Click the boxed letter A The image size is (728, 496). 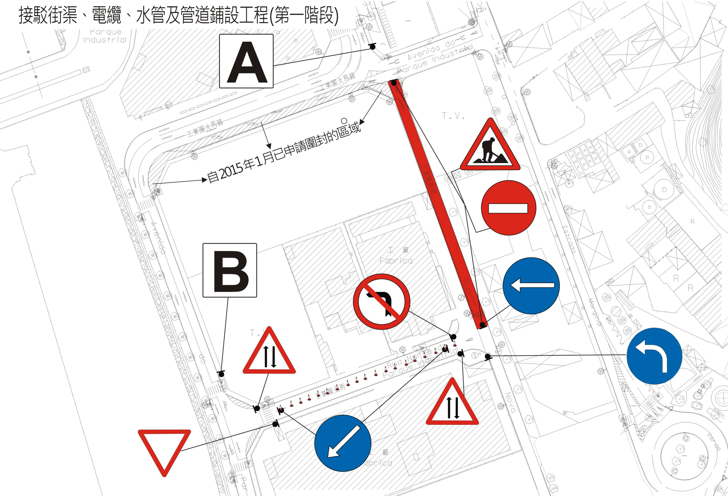(246, 61)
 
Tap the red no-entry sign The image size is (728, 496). (508, 208)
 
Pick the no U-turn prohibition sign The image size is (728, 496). (381, 302)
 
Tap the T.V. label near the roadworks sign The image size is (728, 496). (453, 116)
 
